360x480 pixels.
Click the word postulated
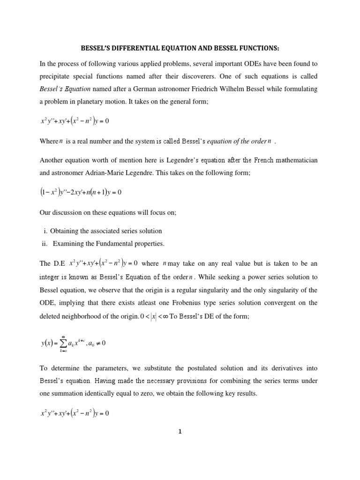(202, 368)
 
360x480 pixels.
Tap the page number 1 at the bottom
(180, 432)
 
